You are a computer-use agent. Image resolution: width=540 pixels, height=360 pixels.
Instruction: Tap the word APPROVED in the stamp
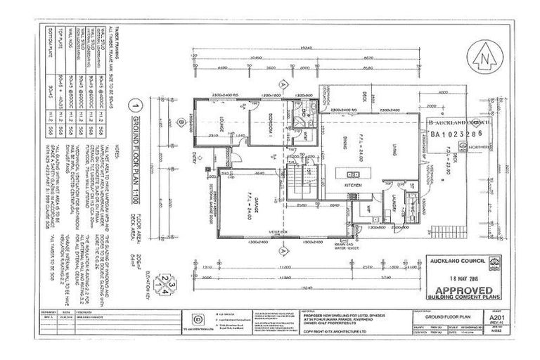465,290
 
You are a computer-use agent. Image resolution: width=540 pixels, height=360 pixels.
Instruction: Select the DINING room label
345,140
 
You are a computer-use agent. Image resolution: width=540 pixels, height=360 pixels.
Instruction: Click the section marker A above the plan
284,83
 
